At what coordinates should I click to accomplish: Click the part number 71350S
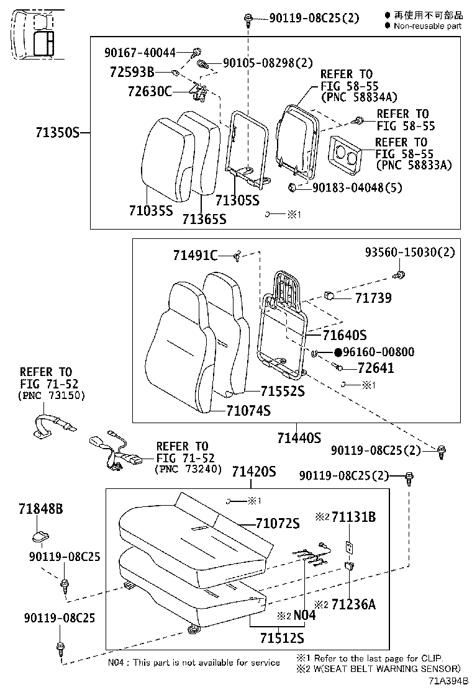point(57,133)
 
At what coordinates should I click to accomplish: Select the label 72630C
point(149,91)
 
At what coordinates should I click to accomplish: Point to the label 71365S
point(204,219)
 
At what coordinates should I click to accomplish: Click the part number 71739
point(373,298)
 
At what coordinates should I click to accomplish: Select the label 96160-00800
point(379,352)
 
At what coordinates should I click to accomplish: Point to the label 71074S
point(248,410)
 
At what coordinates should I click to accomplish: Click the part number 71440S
point(299,438)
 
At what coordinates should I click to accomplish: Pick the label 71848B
point(40,509)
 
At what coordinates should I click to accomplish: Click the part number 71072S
point(277,523)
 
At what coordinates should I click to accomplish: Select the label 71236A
point(353,604)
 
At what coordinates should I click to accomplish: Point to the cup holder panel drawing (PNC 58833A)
point(345,153)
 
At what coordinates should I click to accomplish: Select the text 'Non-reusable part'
point(427,26)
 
